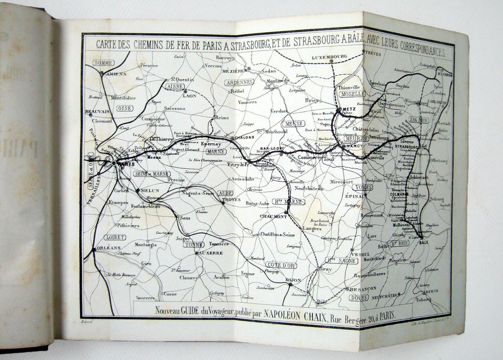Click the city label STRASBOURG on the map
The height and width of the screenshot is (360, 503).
click(407, 147)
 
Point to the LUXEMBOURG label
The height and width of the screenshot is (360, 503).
click(328, 57)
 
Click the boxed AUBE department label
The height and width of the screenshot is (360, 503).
click(225, 193)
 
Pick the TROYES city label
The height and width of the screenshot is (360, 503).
click(231, 200)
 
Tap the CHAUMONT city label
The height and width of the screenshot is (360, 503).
click(273, 216)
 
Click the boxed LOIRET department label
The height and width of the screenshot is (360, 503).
click(114, 237)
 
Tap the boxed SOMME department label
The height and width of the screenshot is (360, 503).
click(103, 63)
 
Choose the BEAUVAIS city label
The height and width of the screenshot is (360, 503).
click(97, 112)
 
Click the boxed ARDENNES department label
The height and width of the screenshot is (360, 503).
click(239, 82)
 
